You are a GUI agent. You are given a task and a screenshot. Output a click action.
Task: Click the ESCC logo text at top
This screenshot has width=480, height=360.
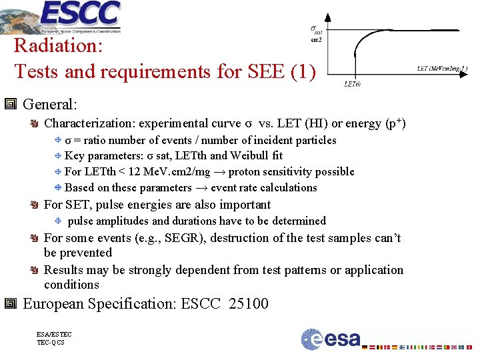click(81, 13)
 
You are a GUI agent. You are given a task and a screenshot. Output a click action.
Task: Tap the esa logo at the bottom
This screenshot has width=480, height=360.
click(331, 339)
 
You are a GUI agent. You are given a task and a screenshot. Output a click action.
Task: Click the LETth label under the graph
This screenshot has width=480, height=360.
click(352, 84)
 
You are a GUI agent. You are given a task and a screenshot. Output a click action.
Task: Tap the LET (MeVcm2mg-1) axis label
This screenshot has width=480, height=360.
click(442, 68)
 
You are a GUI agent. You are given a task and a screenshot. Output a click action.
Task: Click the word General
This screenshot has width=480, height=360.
click(50, 104)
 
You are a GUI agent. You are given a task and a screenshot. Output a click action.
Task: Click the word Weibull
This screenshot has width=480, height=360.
click(250, 156)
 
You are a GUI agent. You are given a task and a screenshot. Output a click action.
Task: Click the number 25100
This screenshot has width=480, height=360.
click(248, 304)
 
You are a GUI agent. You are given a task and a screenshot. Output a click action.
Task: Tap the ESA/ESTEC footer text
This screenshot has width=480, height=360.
click(55, 335)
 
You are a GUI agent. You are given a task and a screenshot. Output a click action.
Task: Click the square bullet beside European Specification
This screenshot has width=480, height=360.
click(11, 304)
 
